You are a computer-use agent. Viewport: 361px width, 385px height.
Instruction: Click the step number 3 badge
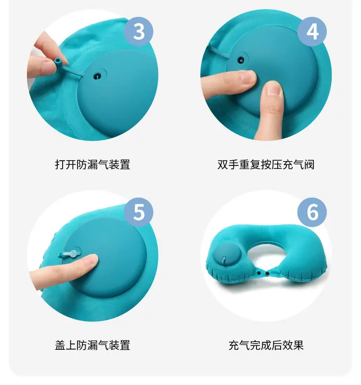[139, 31]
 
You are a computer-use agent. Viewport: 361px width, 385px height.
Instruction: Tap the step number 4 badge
[312, 31]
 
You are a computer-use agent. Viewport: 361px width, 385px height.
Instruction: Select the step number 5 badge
[139, 212]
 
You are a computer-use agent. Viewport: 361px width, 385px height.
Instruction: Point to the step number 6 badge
[312, 212]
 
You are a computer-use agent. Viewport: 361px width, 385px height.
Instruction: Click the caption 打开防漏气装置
[92, 165]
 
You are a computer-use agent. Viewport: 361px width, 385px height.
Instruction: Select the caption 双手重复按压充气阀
[266, 165]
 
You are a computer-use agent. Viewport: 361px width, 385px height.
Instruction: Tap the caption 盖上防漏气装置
[92, 345]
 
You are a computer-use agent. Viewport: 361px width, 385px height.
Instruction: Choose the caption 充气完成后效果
[266, 345]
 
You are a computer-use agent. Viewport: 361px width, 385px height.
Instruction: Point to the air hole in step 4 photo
[241, 60]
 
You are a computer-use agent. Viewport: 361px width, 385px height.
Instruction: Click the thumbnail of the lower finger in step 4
[274, 88]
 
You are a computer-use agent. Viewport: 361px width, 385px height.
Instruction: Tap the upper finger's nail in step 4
[248, 77]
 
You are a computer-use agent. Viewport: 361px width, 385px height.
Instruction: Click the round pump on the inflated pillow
[223, 255]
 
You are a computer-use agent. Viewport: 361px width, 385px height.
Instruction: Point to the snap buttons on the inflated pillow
[263, 273]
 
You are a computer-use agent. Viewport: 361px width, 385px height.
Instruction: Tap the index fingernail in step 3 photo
[63, 57]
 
